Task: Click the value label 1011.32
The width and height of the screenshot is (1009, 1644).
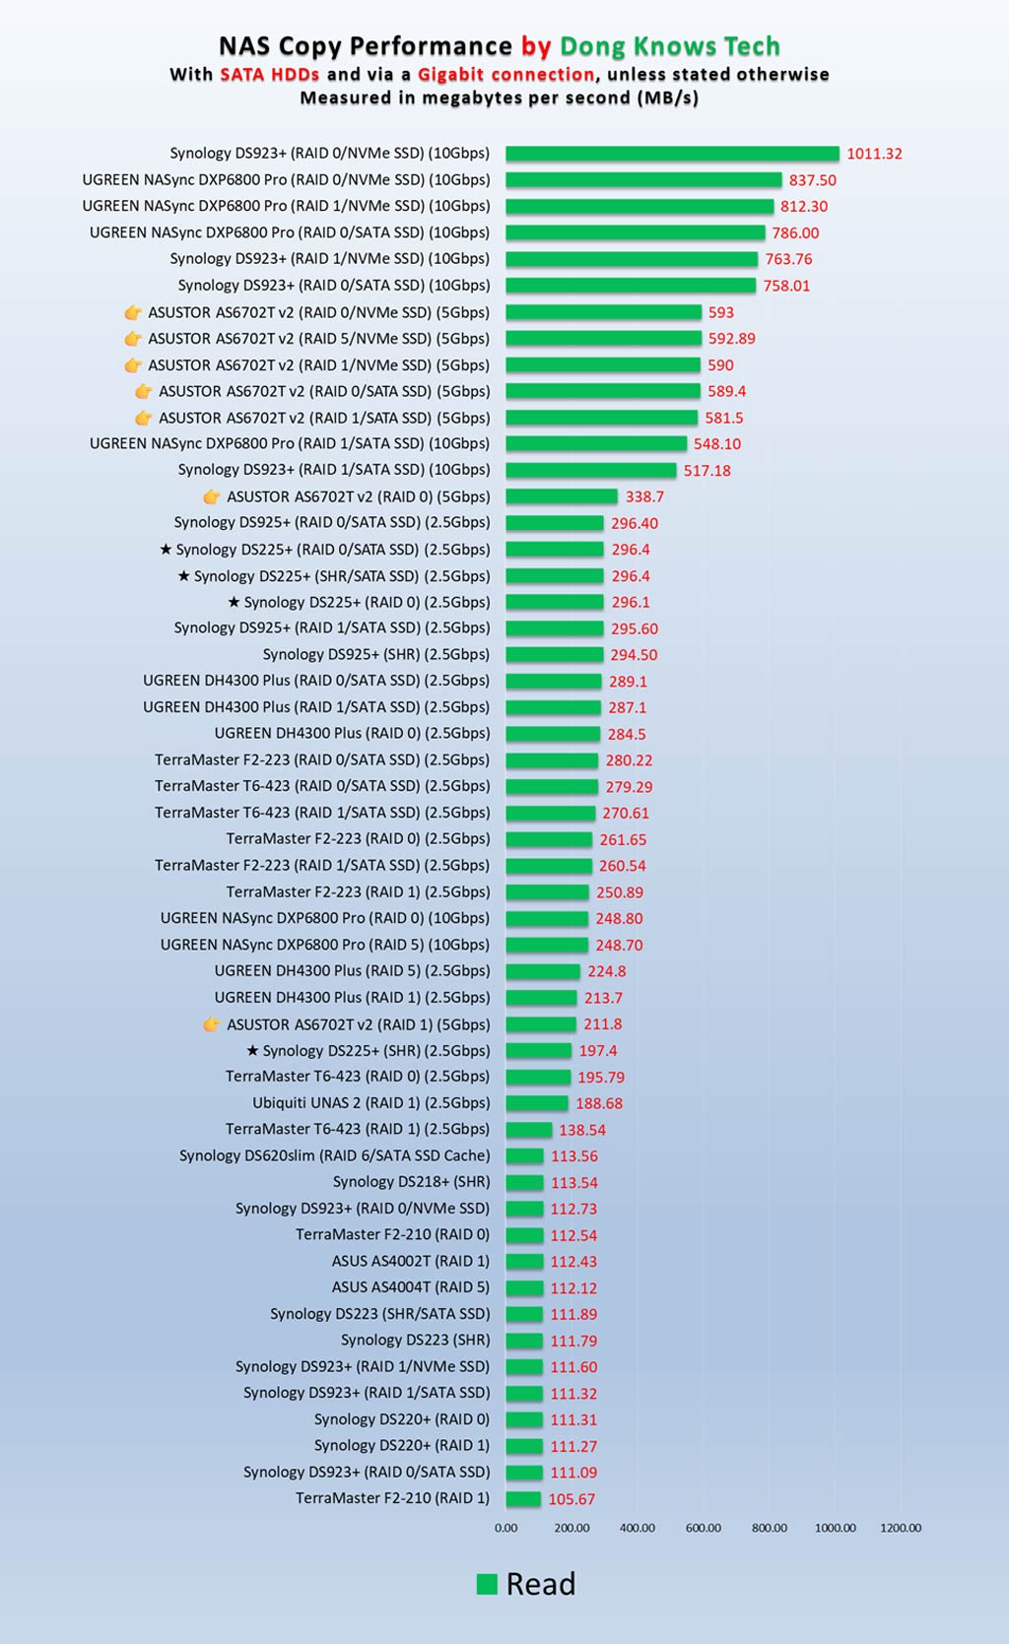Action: (874, 154)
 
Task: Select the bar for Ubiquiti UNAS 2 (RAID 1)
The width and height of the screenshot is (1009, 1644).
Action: (537, 1103)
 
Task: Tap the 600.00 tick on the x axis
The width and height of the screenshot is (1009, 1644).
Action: (703, 1528)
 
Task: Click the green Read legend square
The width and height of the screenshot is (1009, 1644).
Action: (487, 1584)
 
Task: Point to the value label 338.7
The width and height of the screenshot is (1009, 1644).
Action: (644, 496)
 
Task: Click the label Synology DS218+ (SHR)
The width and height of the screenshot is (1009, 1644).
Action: (411, 1182)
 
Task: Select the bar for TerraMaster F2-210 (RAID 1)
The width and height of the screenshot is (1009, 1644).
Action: (523, 1499)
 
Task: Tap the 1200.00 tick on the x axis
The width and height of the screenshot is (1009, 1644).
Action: (901, 1528)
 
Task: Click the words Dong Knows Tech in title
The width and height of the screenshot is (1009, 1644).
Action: (670, 46)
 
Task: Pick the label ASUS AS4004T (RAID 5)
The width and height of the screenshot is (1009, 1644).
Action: (410, 1287)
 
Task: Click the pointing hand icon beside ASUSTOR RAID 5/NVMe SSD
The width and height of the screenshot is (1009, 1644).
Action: (133, 339)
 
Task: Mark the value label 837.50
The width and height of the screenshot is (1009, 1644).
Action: (812, 180)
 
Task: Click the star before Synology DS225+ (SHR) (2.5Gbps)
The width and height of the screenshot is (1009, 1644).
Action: (252, 1050)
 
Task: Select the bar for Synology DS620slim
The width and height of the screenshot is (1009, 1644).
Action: (524, 1156)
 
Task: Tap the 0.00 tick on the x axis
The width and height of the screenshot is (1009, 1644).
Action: (505, 1528)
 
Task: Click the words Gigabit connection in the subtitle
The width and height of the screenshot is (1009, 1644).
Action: (505, 74)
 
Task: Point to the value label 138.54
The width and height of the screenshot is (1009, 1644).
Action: (582, 1130)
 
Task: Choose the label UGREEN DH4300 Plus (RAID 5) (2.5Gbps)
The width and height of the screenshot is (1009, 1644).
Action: (352, 971)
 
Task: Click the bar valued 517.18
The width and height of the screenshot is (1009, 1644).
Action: (591, 471)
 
